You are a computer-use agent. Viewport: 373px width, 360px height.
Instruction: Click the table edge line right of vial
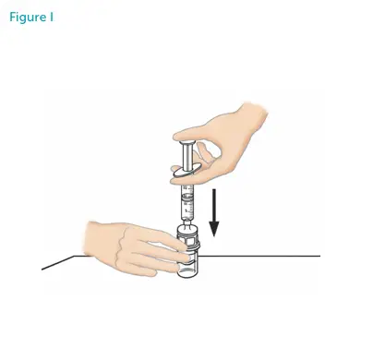click(268, 254)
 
